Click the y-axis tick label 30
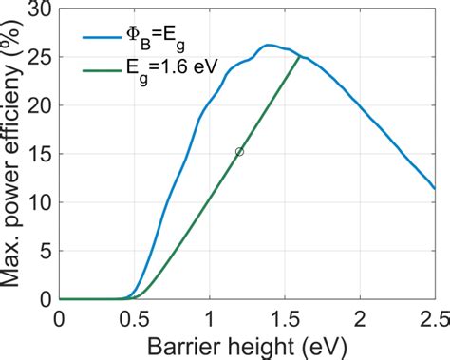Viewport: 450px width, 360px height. pos(40,9)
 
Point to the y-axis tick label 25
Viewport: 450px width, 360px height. pos(40,57)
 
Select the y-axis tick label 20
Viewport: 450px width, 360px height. pos(40,105)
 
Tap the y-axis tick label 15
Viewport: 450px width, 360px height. pos(40,154)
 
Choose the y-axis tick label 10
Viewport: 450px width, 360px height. pos(40,202)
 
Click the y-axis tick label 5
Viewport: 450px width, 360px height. pos(45,251)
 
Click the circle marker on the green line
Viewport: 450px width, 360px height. pos(239,152)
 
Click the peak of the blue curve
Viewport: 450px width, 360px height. pos(269,45)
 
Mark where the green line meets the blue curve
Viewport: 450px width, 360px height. pos(300,57)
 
